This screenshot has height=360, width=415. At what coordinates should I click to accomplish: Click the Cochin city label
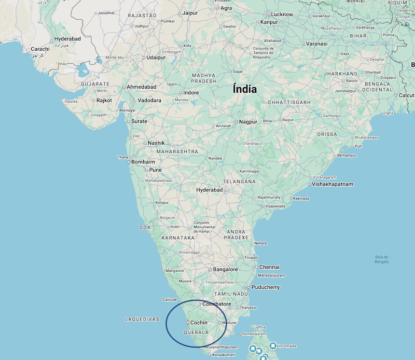click(199, 323)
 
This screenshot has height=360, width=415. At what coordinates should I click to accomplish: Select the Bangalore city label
click(225, 270)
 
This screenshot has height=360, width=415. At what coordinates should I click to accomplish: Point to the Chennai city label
click(269, 267)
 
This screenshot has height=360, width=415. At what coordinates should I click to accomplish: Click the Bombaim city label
click(143, 162)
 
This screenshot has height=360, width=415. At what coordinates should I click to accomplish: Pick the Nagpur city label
click(248, 122)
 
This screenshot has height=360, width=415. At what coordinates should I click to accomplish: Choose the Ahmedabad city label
click(142, 87)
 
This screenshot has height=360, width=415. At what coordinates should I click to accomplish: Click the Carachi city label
click(40, 49)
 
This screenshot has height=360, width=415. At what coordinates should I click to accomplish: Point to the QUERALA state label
click(196, 333)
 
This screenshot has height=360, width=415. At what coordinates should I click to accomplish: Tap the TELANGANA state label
click(239, 182)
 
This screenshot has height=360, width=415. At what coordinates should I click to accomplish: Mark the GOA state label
click(145, 227)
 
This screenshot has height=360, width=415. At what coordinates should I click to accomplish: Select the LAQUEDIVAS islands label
click(142, 320)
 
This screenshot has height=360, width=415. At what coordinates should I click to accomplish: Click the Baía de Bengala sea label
click(381, 259)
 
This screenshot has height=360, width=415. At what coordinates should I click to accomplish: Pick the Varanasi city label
click(316, 44)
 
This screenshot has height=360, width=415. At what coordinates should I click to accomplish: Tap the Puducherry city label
click(265, 287)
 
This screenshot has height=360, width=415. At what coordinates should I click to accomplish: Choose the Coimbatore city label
click(216, 304)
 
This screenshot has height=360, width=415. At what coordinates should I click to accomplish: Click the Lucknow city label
click(282, 15)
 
